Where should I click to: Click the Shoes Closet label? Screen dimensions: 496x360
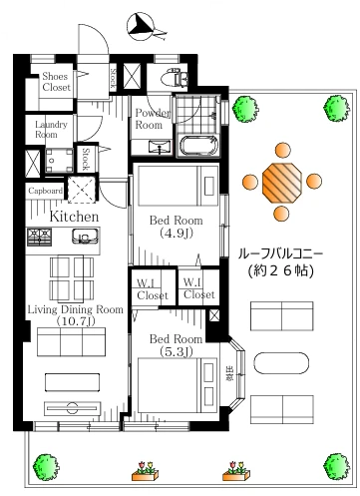point(56,83)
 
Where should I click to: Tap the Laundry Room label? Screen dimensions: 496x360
point(47,129)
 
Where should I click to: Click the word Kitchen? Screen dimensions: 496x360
point(74,216)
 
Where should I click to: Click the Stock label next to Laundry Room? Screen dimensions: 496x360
point(86,159)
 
